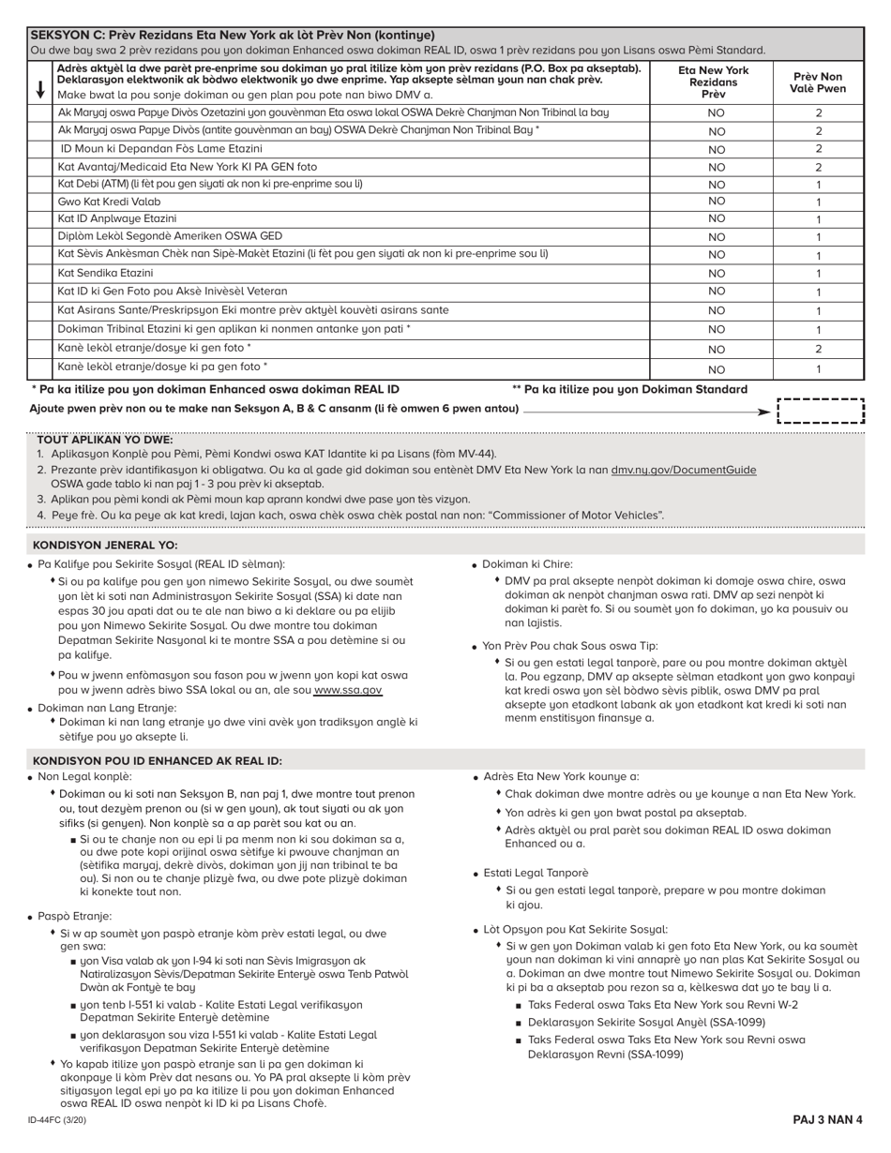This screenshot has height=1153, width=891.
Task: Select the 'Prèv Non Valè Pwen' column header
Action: (818, 82)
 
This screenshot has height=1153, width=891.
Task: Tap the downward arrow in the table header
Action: (40, 89)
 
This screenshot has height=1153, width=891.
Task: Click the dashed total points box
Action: (821, 412)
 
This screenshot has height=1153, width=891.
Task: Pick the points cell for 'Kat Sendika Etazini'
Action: (818, 274)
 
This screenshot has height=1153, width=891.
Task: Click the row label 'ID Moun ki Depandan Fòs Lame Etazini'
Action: (161, 148)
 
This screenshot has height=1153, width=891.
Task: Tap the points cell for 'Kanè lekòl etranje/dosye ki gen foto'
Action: (818, 349)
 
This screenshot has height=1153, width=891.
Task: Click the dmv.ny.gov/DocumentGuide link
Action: (683, 470)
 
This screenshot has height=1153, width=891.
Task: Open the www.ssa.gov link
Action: (347, 690)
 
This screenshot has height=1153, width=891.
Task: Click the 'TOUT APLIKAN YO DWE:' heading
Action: (104, 440)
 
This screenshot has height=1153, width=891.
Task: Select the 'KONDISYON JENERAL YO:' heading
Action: (105, 545)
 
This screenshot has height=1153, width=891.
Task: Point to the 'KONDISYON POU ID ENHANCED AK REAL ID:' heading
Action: (157, 760)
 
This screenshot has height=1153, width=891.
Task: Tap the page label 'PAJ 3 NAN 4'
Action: (827, 1120)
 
